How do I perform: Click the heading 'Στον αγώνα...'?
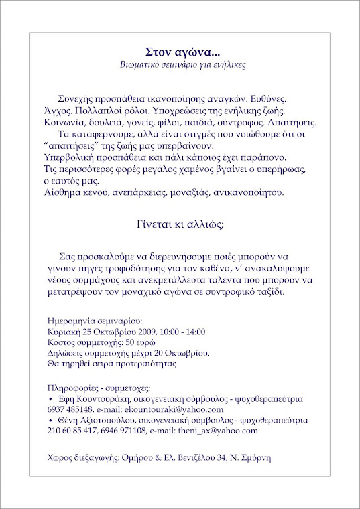click(x=179, y=52)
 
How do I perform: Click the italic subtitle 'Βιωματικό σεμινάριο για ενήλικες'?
click(x=179, y=66)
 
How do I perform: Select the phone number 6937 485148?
click(x=73, y=409)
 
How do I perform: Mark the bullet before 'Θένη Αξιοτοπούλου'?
click(x=52, y=420)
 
